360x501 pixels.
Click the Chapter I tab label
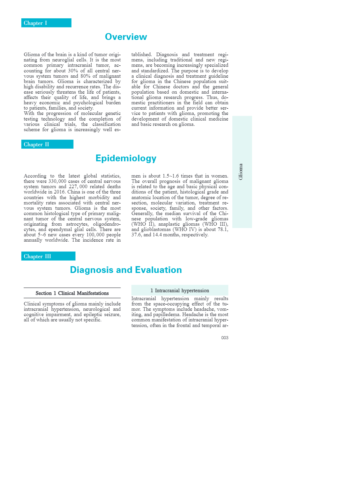[x=35, y=23]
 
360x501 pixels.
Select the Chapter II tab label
[x=36, y=144]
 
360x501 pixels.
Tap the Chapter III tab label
[x=38, y=256]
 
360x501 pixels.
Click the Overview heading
[x=126, y=37]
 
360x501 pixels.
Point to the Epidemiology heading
[x=126, y=158]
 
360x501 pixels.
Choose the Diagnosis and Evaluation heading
[x=126, y=270]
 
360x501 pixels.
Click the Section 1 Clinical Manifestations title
[x=72, y=293]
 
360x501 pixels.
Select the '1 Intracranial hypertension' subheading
[x=180, y=291]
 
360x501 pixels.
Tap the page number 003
[x=225, y=338]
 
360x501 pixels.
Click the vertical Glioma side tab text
[x=241, y=172]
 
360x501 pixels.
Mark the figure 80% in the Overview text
[x=86, y=76]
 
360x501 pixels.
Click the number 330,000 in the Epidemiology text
[x=57, y=181]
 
